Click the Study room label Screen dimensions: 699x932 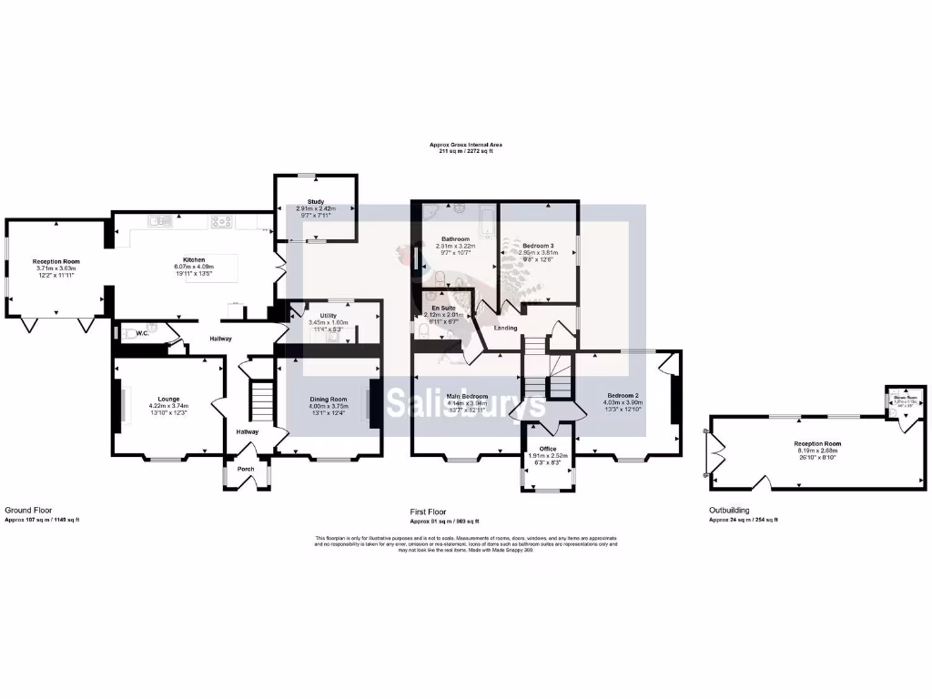(x=316, y=202)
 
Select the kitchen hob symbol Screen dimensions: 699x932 (x=223, y=219)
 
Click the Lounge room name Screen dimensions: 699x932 (x=168, y=399)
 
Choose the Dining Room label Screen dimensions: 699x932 (x=329, y=399)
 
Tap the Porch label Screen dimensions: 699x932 (x=246, y=470)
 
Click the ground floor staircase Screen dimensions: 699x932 (x=262, y=401)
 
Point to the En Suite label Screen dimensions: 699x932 (x=444, y=309)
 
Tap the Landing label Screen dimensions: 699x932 (x=505, y=328)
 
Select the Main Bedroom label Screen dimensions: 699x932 (x=467, y=396)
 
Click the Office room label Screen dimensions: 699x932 (x=548, y=449)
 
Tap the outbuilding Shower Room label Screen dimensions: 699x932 (x=905, y=398)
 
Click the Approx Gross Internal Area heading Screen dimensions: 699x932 (x=466, y=144)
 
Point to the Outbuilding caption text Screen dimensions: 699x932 (x=731, y=511)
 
